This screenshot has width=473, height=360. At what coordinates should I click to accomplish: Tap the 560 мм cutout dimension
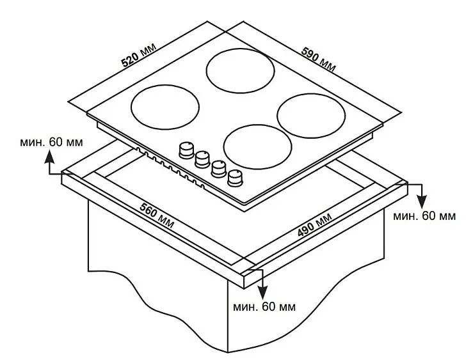pos(157,215)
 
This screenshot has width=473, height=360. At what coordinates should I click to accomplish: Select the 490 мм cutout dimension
pos(315,224)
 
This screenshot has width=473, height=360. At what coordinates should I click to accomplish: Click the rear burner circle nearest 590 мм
pos(241,71)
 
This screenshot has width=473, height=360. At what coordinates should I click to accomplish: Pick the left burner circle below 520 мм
pos(165,107)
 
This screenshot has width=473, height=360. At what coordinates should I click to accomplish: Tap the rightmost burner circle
pos(311,116)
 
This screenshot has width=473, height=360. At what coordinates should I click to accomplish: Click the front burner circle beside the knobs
pos(257,146)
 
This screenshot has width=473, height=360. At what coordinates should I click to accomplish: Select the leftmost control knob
pos(186,150)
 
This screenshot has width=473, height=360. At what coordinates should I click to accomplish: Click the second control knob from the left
pos(202,159)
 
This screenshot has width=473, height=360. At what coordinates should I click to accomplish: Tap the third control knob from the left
pos(219,169)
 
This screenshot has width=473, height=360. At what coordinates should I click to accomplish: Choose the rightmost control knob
pos(236,178)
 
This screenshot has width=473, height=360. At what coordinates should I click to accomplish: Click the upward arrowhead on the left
pos(49,158)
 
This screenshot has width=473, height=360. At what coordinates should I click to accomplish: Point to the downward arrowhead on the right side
pos(422,201)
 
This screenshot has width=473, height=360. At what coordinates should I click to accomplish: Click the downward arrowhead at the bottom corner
pos(262,293)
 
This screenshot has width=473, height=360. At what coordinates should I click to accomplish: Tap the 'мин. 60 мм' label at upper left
pos(51,142)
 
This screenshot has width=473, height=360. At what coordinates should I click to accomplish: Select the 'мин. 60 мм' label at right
pos(424,216)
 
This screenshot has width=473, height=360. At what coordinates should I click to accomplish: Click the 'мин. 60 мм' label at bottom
pos(264,307)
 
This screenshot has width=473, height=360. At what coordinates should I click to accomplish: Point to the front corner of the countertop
pos(244,275)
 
